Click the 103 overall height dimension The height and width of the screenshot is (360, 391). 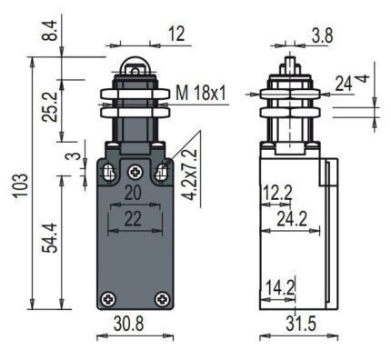(21, 185)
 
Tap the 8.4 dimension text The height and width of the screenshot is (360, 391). (49, 30)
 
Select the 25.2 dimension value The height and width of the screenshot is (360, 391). (49, 106)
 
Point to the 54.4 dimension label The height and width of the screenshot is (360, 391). (49, 238)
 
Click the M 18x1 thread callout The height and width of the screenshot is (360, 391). (201, 93)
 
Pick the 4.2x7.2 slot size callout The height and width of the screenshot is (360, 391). (190, 175)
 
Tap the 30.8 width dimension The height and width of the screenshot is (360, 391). (129, 324)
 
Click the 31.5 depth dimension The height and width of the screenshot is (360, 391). (301, 324)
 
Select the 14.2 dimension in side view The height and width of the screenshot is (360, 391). (280, 287)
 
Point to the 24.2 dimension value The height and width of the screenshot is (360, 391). (292, 219)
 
